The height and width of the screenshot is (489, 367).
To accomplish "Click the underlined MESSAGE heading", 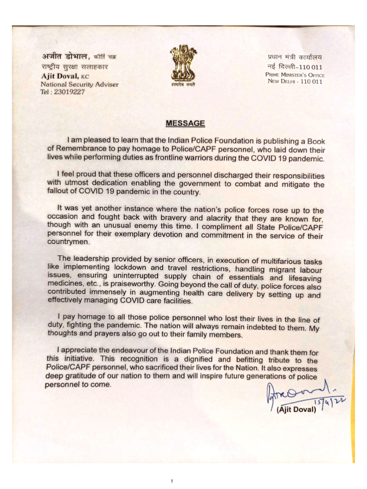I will point(185,124).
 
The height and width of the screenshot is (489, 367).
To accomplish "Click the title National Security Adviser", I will point(79,85).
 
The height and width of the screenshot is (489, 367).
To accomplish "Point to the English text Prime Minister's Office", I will point(295,75).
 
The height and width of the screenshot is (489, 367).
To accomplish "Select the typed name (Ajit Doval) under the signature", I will point(296,410).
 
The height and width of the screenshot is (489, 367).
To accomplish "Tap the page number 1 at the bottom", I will point(171,481).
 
